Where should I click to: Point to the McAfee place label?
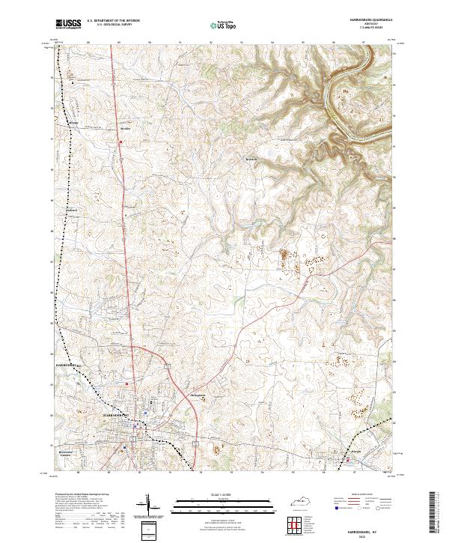coord(125,128)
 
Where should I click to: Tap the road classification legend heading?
coord(355,495)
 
